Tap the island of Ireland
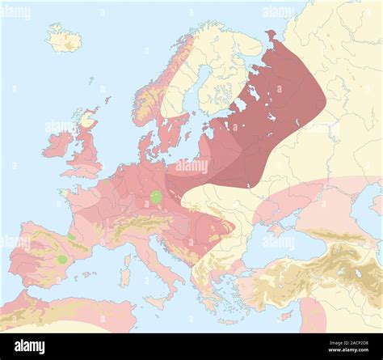[58, 144]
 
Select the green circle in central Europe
[156, 197]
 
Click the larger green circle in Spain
[61, 259]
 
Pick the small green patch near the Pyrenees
[72, 237]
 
